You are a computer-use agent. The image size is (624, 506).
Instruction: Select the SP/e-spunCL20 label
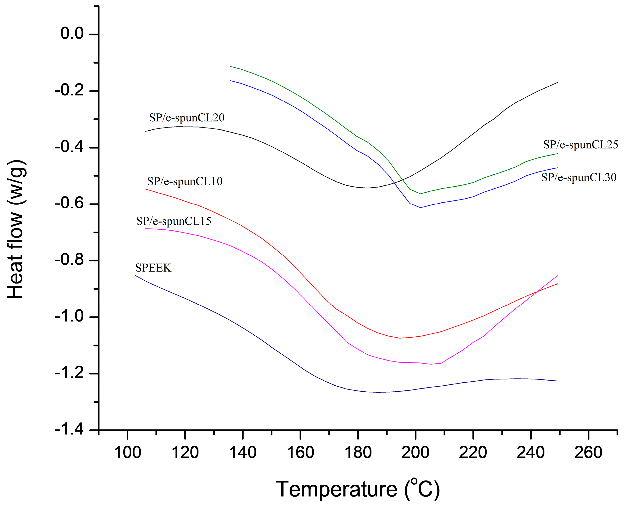click(187, 118)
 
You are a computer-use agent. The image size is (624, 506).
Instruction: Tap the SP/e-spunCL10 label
click(185, 182)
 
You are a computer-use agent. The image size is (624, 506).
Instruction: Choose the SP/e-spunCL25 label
click(580, 145)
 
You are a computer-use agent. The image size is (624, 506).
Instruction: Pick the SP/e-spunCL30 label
click(579, 178)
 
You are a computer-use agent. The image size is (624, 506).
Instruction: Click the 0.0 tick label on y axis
click(72, 33)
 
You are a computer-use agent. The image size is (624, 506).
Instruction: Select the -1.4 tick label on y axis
click(69, 430)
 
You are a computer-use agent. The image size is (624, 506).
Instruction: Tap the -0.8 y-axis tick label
click(69, 260)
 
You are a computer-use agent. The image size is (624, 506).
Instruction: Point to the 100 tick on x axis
click(127, 453)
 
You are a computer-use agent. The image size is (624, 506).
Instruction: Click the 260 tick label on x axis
click(588, 453)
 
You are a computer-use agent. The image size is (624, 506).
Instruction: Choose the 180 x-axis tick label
click(358, 453)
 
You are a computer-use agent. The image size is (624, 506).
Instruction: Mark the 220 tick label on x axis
click(473, 453)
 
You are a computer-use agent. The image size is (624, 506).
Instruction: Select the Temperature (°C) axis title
click(358, 489)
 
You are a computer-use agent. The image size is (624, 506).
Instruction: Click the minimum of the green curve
click(420, 194)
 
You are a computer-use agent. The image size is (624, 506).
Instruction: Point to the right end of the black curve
click(557, 83)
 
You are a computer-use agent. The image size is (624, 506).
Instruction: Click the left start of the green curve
click(230, 67)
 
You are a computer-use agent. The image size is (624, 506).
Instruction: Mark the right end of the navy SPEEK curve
click(557, 381)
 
